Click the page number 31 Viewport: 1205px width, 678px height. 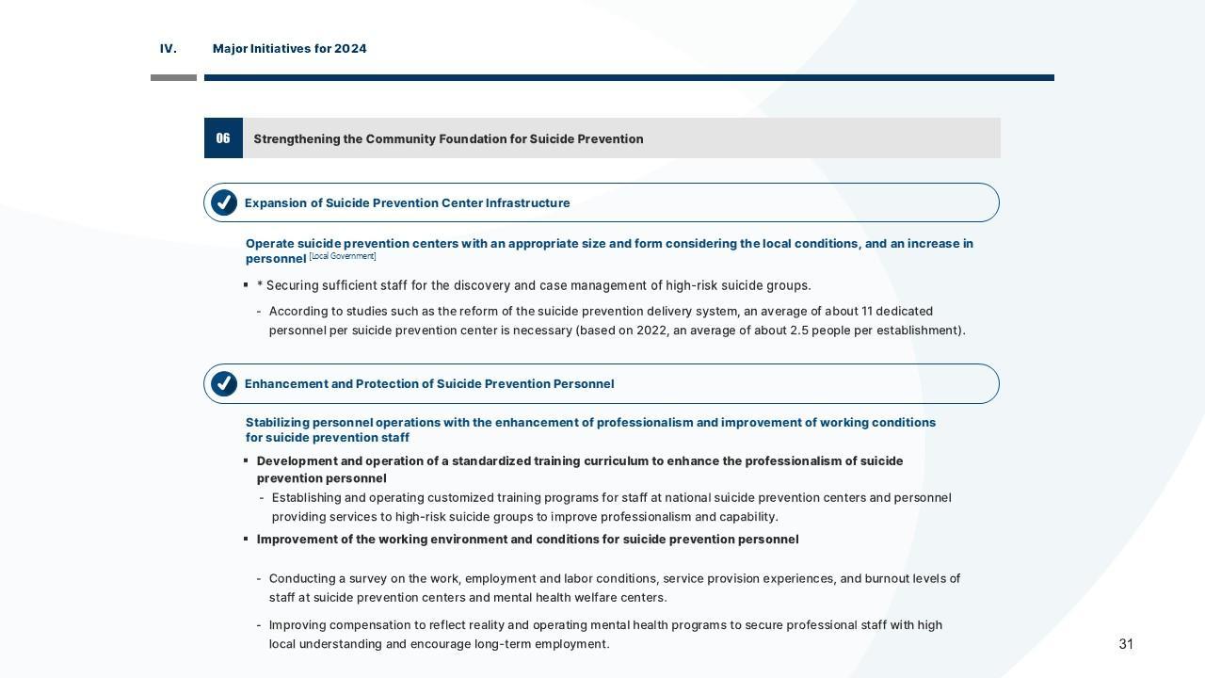tap(1126, 644)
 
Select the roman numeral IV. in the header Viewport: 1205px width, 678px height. tap(169, 49)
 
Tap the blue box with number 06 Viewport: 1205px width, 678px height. tap(223, 138)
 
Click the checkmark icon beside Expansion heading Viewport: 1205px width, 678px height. tap(224, 202)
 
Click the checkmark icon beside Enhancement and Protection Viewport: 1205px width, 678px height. tap(224, 384)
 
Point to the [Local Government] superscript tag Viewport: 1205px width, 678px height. tap(343, 256)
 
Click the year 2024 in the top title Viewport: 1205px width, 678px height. tap(350, 49)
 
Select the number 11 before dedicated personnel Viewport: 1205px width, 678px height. tap(868, 312)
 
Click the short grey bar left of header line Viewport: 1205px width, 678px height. tap(173, 77)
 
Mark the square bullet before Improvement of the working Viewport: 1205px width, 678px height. tap(246, 540)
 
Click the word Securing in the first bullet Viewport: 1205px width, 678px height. tap(292, 286)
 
